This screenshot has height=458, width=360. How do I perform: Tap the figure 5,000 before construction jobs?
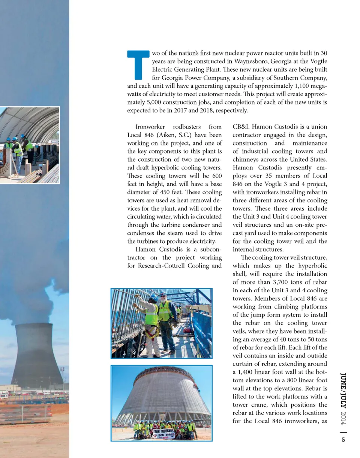pos(152,102)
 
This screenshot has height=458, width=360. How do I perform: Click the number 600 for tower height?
pos(216,175)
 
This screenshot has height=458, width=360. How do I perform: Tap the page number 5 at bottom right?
pos(343,441)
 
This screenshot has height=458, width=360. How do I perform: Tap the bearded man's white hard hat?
pos(163,294)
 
